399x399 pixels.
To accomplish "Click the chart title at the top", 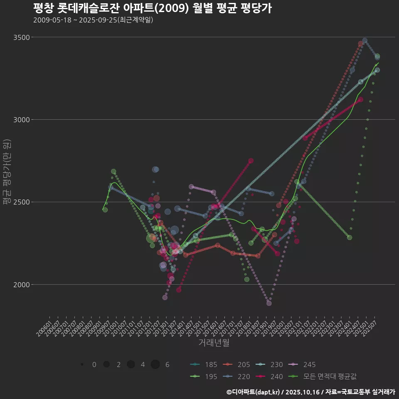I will click(152, 8).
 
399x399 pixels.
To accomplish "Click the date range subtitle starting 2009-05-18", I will click(93, 20).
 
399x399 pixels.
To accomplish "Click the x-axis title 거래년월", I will click(214, 343).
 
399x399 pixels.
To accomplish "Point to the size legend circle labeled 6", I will click(155, 365).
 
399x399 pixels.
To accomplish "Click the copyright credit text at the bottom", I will click(310, 392).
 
